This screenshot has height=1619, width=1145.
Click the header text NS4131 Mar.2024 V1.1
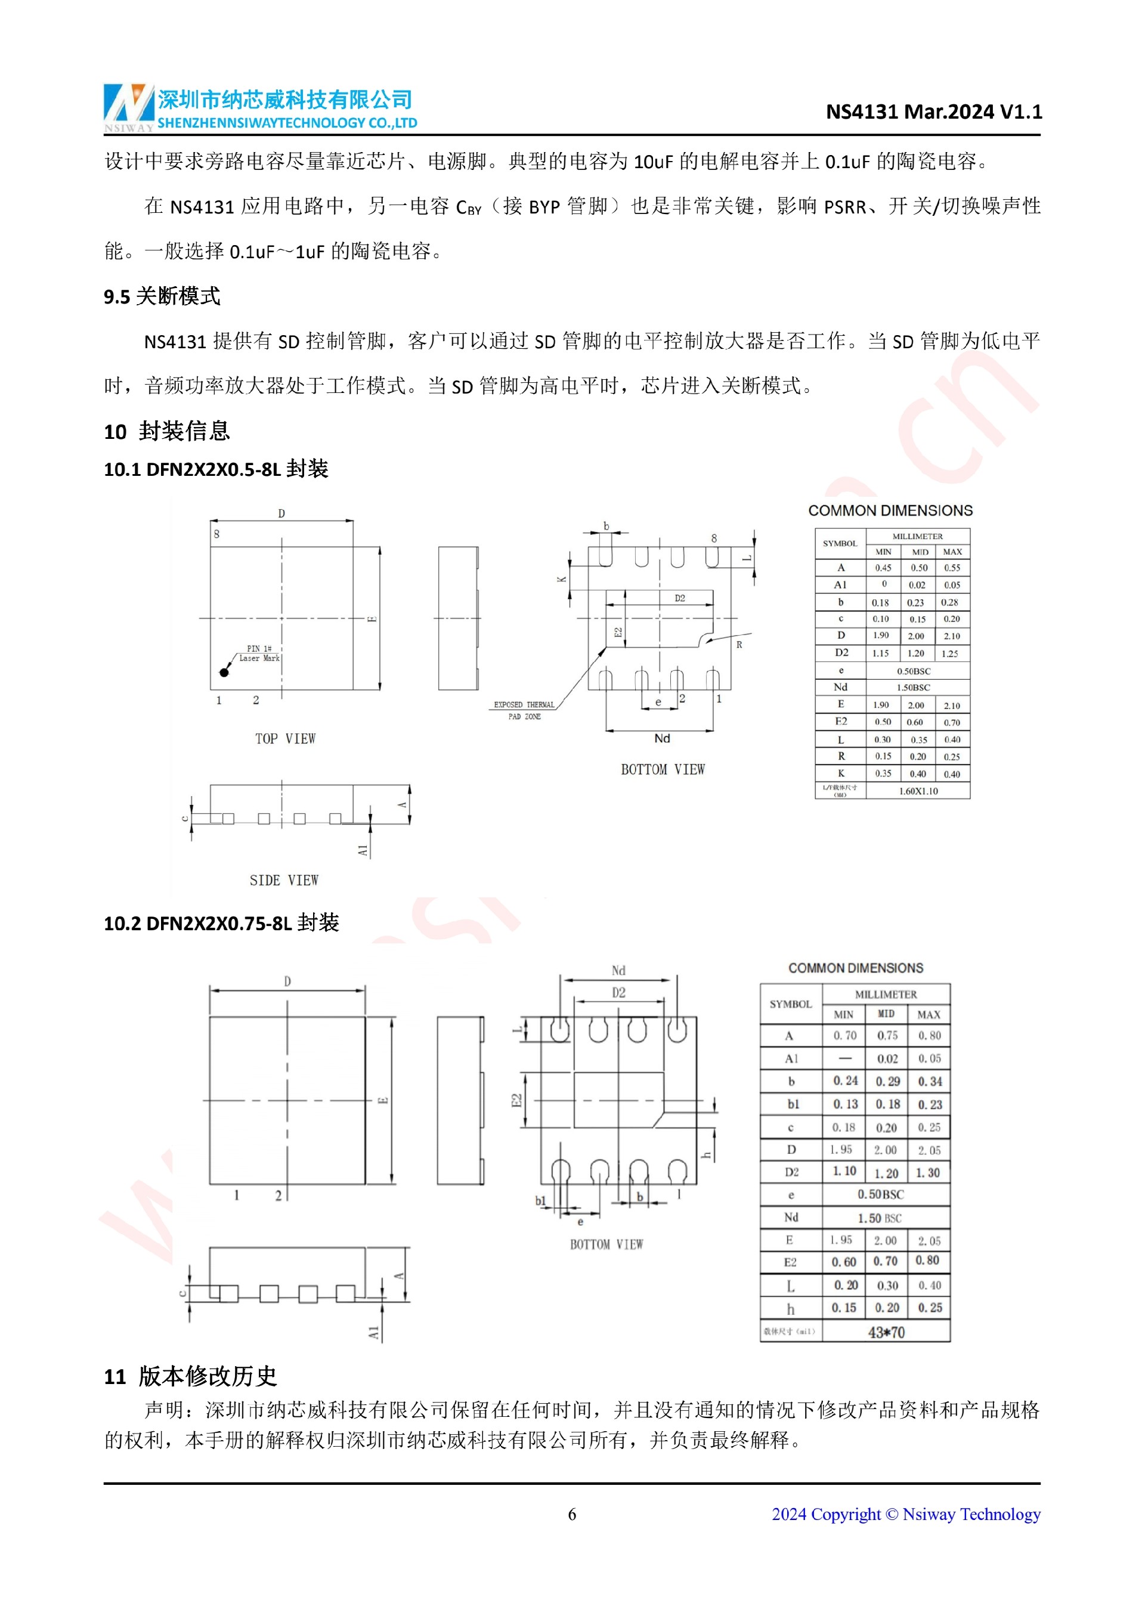point(933,112)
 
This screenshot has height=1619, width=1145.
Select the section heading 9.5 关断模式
point(162,296)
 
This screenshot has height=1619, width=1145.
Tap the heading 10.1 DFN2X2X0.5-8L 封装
point(216,469)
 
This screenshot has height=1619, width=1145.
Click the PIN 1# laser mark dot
point(224,672)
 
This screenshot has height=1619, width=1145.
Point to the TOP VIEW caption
point(285,738)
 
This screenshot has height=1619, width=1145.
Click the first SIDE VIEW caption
point(283,880)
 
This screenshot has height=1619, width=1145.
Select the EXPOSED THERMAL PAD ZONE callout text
point(524,710)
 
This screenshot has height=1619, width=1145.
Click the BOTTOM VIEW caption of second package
point(606,1245)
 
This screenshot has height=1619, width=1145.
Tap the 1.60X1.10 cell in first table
point(917,791)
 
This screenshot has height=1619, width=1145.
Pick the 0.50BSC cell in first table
point(913,671)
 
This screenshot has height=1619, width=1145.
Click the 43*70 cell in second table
point(886,1332)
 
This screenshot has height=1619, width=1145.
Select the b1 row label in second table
point(793,1104)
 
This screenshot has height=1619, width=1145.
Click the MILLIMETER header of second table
point(886,994)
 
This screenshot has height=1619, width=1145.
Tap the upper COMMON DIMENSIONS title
point(890,510)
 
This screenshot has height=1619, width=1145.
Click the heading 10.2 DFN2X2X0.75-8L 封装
point(221,923)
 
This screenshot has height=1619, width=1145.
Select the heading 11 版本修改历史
point(190,1376)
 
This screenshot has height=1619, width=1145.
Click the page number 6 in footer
point(572,1514)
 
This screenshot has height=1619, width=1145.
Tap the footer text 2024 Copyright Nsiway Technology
point(905,1514)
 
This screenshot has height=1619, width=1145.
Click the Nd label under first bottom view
point(661,738)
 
